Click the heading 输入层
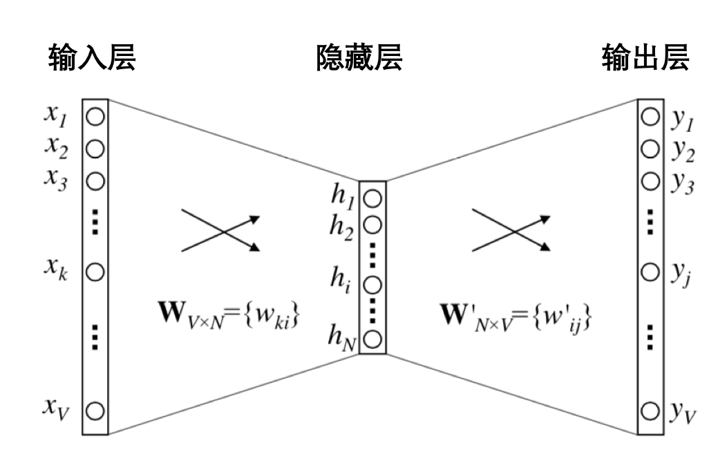click(92, 59)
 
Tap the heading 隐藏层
click(359, 59)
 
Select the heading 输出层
click(645, 59)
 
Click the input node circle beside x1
click(95, 116)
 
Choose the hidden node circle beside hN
click(372, 339)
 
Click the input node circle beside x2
click(95, 148)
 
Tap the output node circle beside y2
click(650, 149)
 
